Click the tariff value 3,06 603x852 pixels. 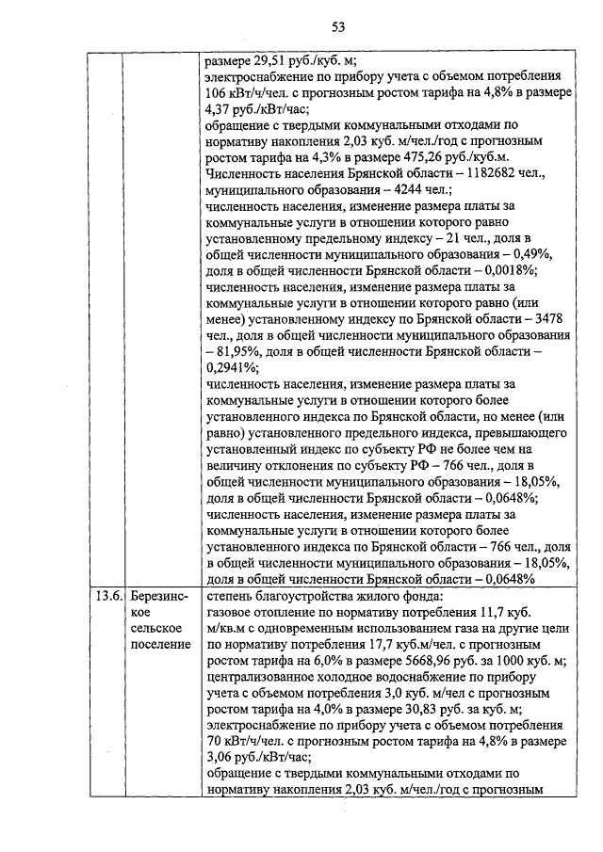(219, 754)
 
